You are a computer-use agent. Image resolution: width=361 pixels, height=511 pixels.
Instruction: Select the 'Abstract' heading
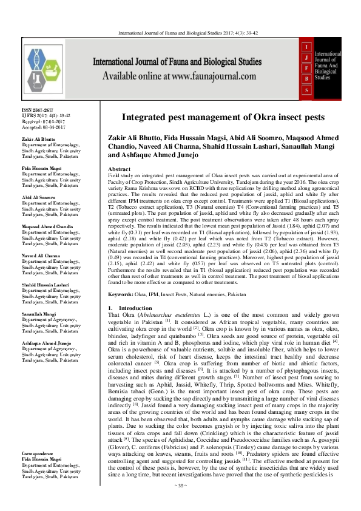tap(119, 169)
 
